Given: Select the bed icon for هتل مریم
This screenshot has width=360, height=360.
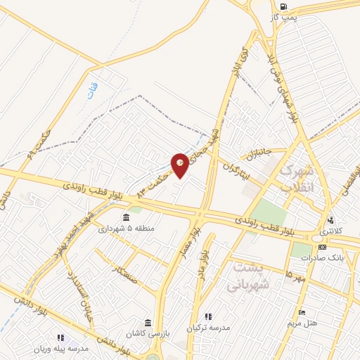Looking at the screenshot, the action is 302,312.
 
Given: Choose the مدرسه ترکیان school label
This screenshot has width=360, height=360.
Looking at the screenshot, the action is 210,328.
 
